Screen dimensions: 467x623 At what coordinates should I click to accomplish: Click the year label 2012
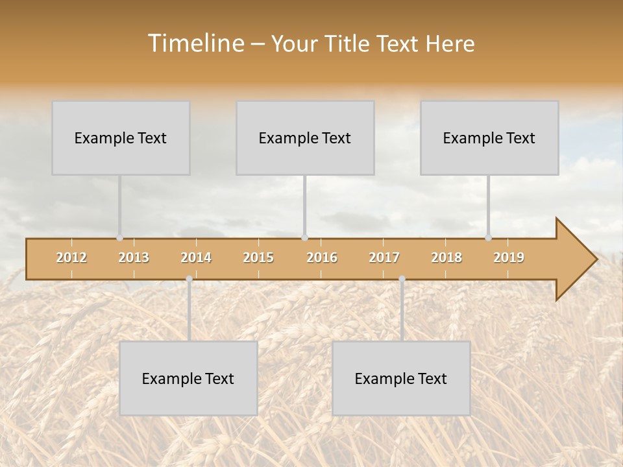71,257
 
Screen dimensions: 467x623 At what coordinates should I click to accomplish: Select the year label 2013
134,257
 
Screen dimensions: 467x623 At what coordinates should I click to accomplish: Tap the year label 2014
196,257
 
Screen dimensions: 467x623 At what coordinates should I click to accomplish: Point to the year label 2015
258,257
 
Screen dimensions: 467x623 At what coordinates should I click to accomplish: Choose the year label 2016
322,257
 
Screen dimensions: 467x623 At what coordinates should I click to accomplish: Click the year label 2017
384,257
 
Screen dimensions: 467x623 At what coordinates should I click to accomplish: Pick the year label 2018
446,257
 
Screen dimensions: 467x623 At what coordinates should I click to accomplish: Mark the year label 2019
509,257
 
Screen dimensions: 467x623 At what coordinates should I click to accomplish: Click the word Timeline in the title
195,43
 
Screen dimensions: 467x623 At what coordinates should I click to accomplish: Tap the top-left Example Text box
121,138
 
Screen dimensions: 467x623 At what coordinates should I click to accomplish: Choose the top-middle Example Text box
305,138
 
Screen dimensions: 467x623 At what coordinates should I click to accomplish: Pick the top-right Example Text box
489,138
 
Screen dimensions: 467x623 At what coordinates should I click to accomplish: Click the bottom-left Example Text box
188,378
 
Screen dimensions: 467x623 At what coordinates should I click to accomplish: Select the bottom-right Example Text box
401,378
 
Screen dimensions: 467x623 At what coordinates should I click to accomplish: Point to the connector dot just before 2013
119,237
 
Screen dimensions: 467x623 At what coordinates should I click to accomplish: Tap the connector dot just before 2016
304,237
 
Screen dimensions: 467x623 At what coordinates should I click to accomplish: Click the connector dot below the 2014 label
189,279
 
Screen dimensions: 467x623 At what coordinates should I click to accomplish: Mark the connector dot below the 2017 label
402,279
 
